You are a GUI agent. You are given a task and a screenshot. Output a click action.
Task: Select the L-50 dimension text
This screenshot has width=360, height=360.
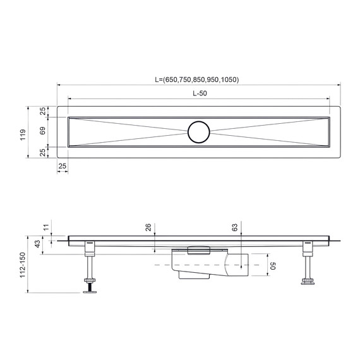pos(199,93)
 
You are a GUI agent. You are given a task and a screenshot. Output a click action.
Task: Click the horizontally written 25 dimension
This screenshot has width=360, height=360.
pos(62,166)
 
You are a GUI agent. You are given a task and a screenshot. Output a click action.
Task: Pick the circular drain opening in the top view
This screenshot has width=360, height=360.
pos(199,131)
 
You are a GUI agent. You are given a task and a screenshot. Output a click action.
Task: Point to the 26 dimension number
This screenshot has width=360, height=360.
pos(149,227)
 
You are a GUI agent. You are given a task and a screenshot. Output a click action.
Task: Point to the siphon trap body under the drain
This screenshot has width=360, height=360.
pos(196,265)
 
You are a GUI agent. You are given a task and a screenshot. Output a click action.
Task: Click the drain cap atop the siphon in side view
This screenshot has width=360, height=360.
pos(198,249)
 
